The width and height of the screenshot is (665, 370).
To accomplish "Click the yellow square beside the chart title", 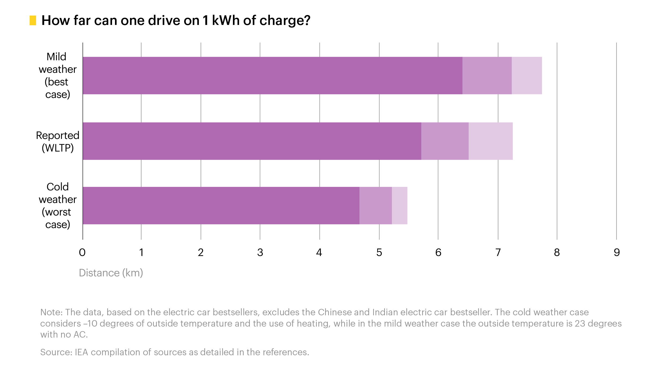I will pos(33,21).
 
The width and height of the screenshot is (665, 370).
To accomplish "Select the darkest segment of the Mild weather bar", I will pos(272,76).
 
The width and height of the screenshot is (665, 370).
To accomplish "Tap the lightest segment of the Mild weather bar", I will pos(527,76).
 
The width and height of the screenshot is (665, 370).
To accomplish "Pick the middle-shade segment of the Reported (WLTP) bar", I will pos(445,141).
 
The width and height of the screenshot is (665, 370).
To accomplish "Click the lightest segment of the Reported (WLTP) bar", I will pos(491,141).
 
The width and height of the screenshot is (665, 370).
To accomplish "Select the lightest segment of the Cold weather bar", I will pos(399,206).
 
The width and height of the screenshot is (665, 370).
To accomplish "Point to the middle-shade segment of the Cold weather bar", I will pos(376,206).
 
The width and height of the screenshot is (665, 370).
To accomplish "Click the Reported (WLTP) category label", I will pos(58,142).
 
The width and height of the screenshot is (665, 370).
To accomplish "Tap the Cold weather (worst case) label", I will pos(58,206).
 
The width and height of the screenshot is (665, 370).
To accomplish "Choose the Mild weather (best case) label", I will pos(58,76).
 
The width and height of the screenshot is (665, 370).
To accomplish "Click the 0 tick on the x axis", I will pos(82,253).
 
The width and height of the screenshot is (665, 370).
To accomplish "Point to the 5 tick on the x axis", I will pos(379,253).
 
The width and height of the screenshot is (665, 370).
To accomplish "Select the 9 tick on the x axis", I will pos(617,253).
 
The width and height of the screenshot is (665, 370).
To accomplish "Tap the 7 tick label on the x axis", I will pos(498,253).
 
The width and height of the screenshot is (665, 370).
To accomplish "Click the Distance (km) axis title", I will pos(111,273).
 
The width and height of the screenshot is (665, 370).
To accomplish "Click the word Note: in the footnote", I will pos(51,312).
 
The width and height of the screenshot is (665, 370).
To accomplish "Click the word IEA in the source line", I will pos(81,352).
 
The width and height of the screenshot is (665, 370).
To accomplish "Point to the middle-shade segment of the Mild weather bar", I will pos(487,76).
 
